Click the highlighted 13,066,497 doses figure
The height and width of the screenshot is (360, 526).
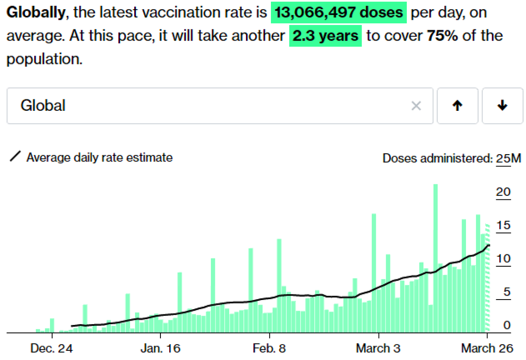click(x=338, y=12)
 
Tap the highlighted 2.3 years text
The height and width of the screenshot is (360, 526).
click(x=325, y=35)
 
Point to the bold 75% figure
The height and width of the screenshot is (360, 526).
click(x=442, y=35)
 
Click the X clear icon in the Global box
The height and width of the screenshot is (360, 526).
click(x=416, y=106)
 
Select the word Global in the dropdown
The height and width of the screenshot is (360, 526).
click(x=43, y=106)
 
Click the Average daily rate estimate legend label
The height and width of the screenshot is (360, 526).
click(x=100, y=158)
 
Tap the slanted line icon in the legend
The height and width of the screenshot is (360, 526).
click(x=15, y=157)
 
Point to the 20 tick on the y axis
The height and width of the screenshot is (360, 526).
click(x=504, y=192)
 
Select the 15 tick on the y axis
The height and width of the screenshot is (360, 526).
click(x=504, y=226)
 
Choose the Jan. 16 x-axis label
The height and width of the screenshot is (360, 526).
click(x=160, y=349)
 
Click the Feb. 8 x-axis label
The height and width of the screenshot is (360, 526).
click(x=269, y=349)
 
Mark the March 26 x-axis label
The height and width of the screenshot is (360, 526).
click(x=487, y=349)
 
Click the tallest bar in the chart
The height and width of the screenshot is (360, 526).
click(x=435, y=258)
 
